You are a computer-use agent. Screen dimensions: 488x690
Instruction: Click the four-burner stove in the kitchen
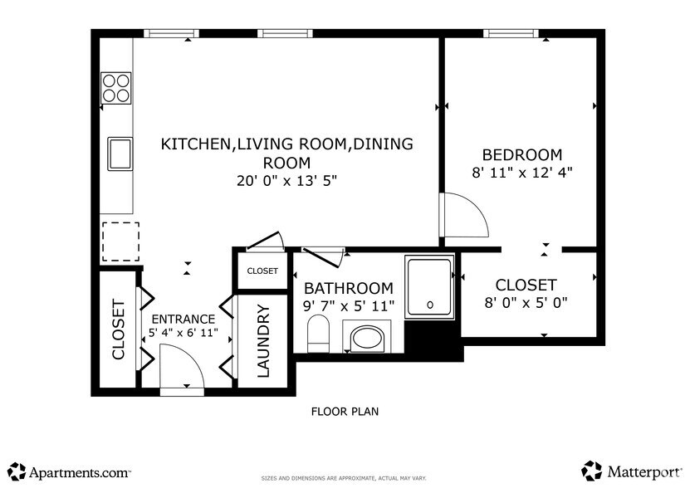[x=116, y=87]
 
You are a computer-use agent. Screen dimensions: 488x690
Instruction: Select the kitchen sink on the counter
[x=120, y=153]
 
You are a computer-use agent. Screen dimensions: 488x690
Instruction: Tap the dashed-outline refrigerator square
[x=117, y=242]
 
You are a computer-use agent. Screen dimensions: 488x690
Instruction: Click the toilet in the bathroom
[x=318, y=334]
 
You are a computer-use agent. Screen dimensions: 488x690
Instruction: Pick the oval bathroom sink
[x=365, y=339]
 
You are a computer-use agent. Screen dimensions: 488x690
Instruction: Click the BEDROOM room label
[x=522, y=155]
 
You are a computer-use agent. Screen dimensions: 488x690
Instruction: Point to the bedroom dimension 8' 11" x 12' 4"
[x=522, y=173]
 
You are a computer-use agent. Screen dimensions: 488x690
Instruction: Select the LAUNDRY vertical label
[x=263, y=341]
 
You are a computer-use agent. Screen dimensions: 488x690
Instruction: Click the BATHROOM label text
[x=348, y=288]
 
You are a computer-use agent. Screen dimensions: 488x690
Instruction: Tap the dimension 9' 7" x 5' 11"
[x=348, y=306]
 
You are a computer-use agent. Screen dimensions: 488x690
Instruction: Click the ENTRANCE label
[x=183, y=319]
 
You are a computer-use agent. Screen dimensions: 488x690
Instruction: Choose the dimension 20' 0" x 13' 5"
[x=286, y=180]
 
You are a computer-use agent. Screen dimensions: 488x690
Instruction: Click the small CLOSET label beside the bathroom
[x=262, y=271]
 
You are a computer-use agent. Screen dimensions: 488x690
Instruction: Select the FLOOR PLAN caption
[x=345, y=411]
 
